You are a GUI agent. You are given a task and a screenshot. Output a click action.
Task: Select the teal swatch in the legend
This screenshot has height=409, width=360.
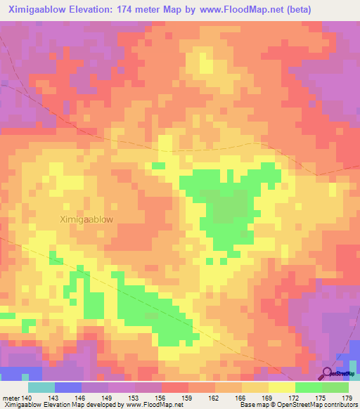point(41,387)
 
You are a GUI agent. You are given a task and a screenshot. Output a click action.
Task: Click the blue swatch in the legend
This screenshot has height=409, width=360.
point(67,387)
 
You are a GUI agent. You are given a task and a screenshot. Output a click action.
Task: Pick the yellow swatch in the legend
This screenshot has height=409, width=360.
point(281,387)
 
